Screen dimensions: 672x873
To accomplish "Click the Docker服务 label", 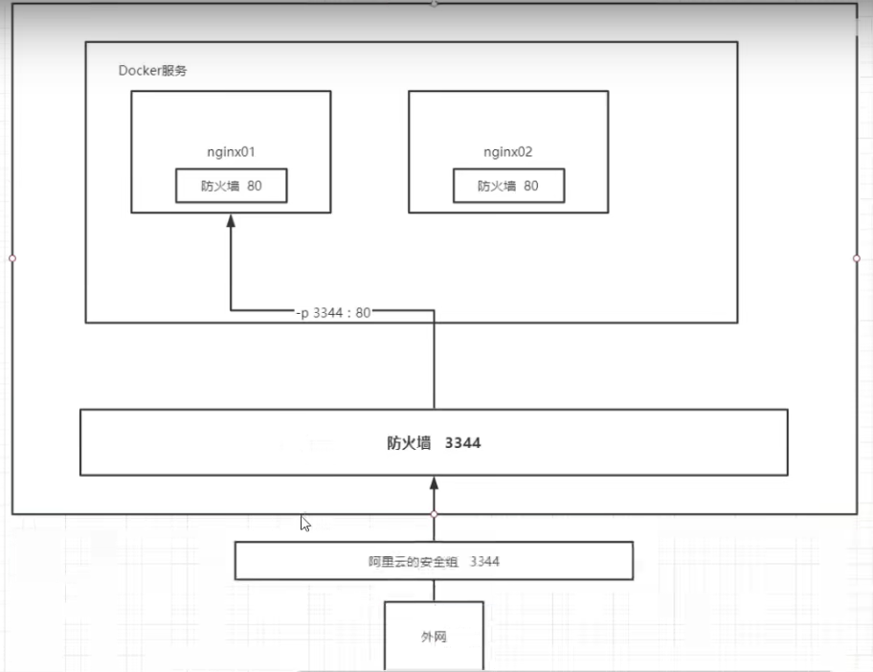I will tap(159, 71).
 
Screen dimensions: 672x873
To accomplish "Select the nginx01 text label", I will tap(231, 151).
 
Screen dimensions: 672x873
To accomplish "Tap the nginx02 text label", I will tap(507, 151).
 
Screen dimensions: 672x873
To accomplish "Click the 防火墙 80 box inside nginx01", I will tap(231, 186).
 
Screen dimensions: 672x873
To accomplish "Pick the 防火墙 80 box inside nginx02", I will tap(508, 186).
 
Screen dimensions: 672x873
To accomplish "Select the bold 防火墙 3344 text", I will tap(434, 443).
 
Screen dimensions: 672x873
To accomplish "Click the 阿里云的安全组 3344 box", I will tap(434, 561).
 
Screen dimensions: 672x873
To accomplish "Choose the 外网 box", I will tap(434, 636).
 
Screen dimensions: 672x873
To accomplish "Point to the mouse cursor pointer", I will tap(304, 523).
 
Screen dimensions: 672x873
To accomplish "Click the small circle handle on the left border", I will tap(11, 258).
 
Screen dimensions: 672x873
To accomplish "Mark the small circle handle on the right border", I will tap(857, 258).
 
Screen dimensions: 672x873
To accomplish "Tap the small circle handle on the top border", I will tap(434, 4).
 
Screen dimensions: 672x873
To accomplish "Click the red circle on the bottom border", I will tap(434, 514).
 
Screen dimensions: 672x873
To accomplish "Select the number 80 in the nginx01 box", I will tap(254, 186).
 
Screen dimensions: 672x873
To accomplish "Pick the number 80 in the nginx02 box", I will tap(530, 186).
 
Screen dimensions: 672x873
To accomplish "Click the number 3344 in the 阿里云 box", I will tap(484, 561).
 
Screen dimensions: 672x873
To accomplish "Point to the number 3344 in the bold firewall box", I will tap(462, 443).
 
